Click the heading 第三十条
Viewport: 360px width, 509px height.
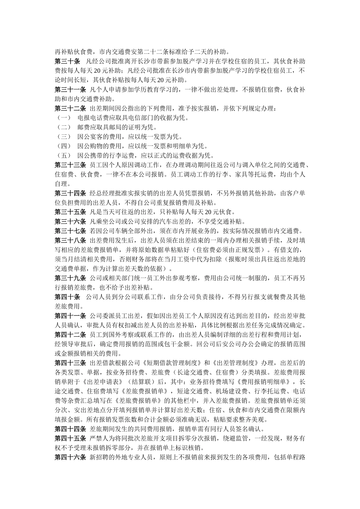pyautogui.click(x=67, y=61)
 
